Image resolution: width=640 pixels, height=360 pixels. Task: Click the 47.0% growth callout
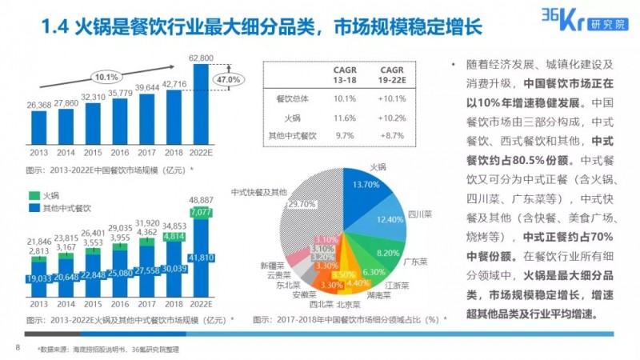click(229, 80)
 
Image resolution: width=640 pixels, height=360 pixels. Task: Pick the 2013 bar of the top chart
click(38, 129)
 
